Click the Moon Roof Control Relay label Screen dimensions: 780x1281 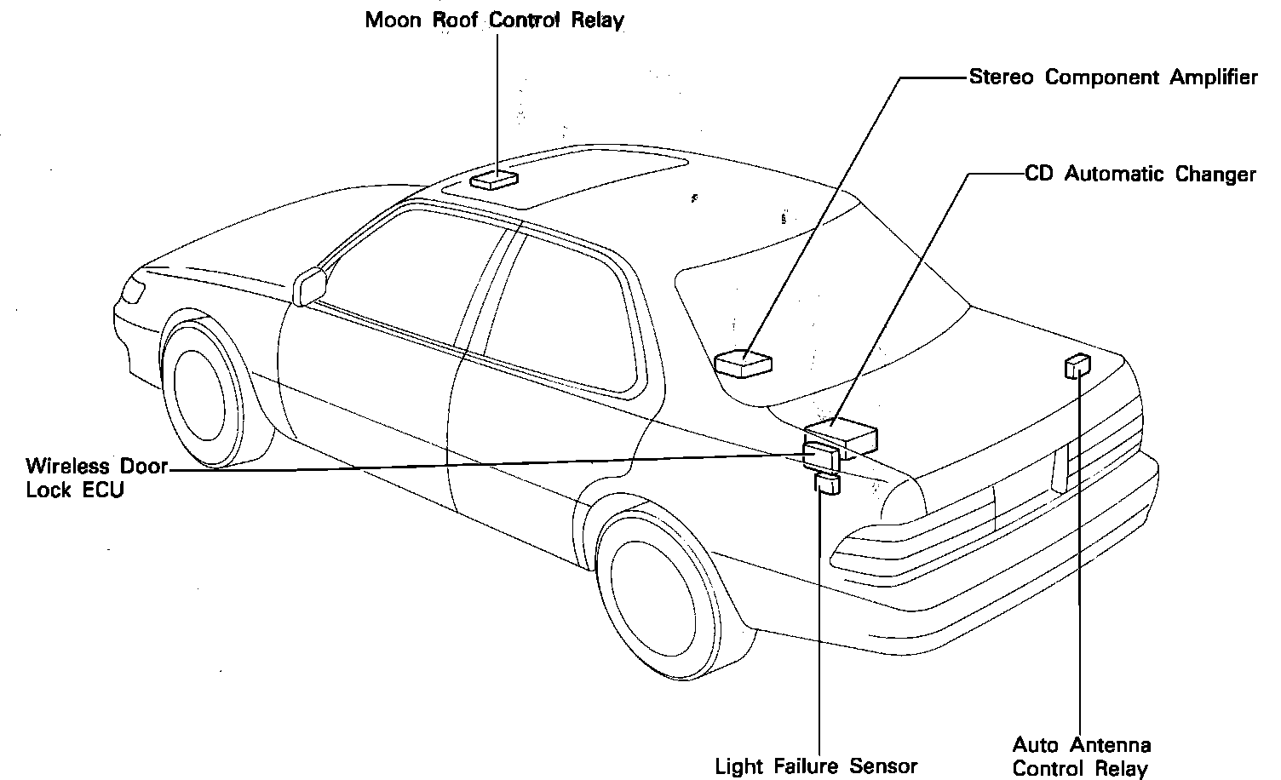tap(494, 20)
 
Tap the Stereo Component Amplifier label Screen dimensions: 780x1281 tap(1113, 77)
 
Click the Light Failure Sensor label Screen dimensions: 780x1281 tap(816, 766)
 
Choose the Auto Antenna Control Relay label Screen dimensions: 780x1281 tap(1081, 757)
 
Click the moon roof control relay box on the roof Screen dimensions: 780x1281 tap(494, 178)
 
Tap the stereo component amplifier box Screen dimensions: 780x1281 tap(743, 363)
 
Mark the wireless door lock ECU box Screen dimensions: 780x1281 tap(820, 456)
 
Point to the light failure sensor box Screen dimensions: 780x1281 tap(827, 485)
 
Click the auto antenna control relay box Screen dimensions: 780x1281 tap(1077, 365)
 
